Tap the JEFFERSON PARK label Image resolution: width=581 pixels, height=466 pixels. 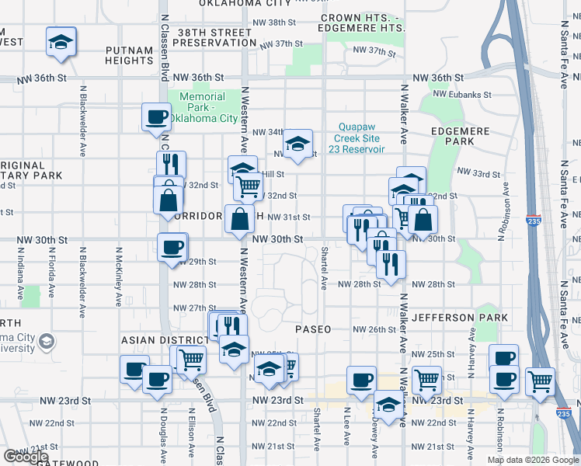point(460,318)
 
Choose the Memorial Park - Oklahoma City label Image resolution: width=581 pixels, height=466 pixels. point(203,107)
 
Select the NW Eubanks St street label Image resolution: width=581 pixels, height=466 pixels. point(462,94)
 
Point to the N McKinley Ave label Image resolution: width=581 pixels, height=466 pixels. point(120,276)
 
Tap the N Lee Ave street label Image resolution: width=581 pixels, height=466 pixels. point(348,430)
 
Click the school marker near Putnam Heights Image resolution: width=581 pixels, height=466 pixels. point(61,42)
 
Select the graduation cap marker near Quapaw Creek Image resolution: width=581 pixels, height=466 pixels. point(297,143)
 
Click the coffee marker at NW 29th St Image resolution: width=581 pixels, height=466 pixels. point(172,247)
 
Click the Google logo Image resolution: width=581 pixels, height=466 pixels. point(26,457)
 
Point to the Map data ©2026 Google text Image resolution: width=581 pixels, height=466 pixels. point(532,460)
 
